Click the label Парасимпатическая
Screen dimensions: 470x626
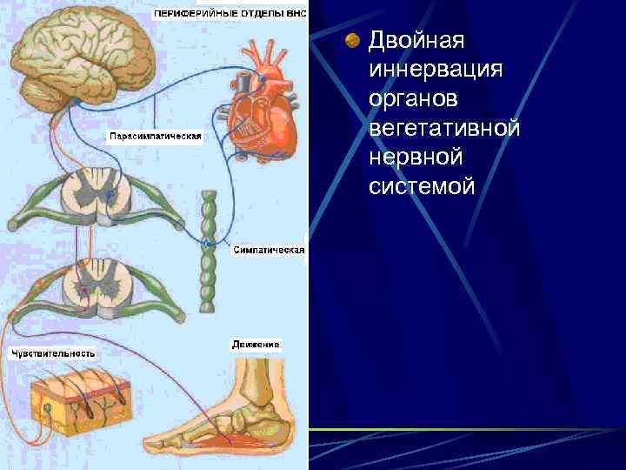pos(155,137)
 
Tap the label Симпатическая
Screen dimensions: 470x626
pos(269,250)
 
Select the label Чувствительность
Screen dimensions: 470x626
pos(53,353)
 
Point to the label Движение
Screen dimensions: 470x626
pos(256,345)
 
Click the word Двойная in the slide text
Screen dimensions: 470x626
pos(417,41)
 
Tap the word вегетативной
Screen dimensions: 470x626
pos(444,128)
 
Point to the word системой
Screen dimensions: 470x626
pos(422,185)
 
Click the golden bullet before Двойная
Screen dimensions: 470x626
pos(353,41)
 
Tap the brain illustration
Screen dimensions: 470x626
pos(83,48)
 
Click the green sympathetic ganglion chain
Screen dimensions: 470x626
pos(208,248)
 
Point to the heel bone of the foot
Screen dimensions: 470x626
pos(278,426)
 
